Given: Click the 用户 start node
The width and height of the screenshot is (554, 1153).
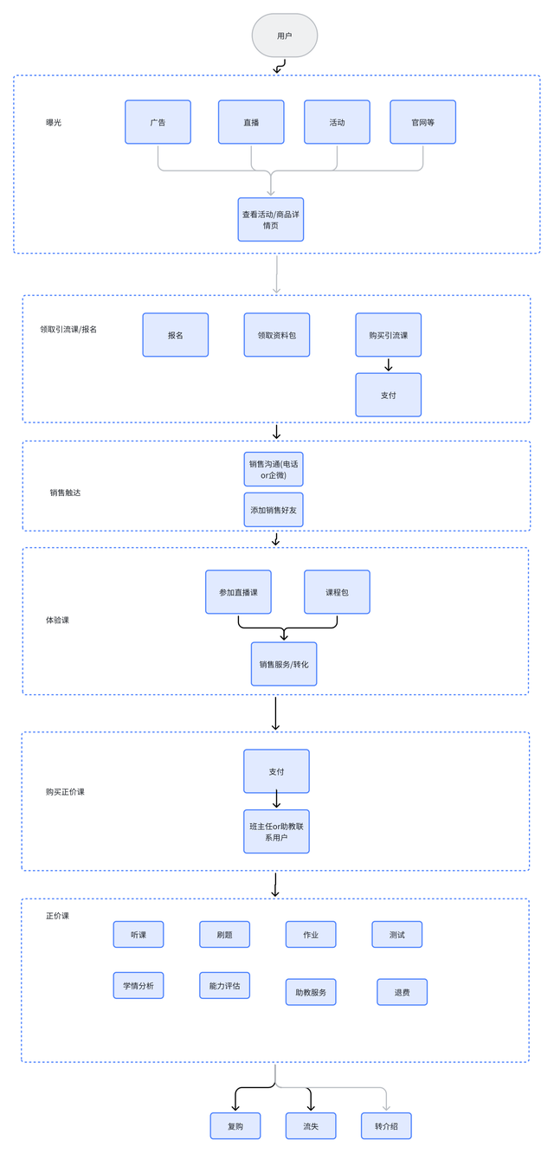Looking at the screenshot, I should [284, 35].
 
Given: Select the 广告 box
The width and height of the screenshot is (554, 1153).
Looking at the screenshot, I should [158, 122].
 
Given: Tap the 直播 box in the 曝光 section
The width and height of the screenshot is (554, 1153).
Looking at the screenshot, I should [251, 122].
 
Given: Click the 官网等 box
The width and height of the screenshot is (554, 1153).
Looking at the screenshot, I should [422, 122].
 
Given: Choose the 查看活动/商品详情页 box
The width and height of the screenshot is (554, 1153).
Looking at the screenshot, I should [271, 219].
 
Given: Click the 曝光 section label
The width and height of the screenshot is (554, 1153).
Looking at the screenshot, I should [54, 122].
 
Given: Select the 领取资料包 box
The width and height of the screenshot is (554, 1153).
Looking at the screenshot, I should [276, 335].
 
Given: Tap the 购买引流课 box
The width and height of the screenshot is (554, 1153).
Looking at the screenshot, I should [388, 335].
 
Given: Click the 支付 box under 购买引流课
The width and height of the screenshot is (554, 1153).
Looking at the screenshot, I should [388, 395].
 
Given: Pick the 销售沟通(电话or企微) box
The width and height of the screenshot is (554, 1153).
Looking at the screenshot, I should [274, 470].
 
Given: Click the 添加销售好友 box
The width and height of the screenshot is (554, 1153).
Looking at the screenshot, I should [274, 510].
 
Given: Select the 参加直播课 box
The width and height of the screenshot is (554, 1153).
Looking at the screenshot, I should [238, 592].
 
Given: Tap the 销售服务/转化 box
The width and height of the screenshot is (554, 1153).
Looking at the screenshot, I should [284, 664].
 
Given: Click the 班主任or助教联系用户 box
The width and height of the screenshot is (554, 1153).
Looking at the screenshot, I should [276, 832].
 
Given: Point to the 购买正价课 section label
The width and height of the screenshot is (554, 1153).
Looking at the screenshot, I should [65, 792].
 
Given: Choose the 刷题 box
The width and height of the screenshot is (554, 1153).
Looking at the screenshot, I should [224, 934].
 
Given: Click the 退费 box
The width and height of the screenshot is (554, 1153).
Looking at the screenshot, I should [402, 992].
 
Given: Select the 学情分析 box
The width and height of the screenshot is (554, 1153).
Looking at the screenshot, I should [138, 985].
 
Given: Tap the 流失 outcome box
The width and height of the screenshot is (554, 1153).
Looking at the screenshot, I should [311, 1126].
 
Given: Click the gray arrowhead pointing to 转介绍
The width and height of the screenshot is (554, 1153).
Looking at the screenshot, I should [386, 1106].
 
